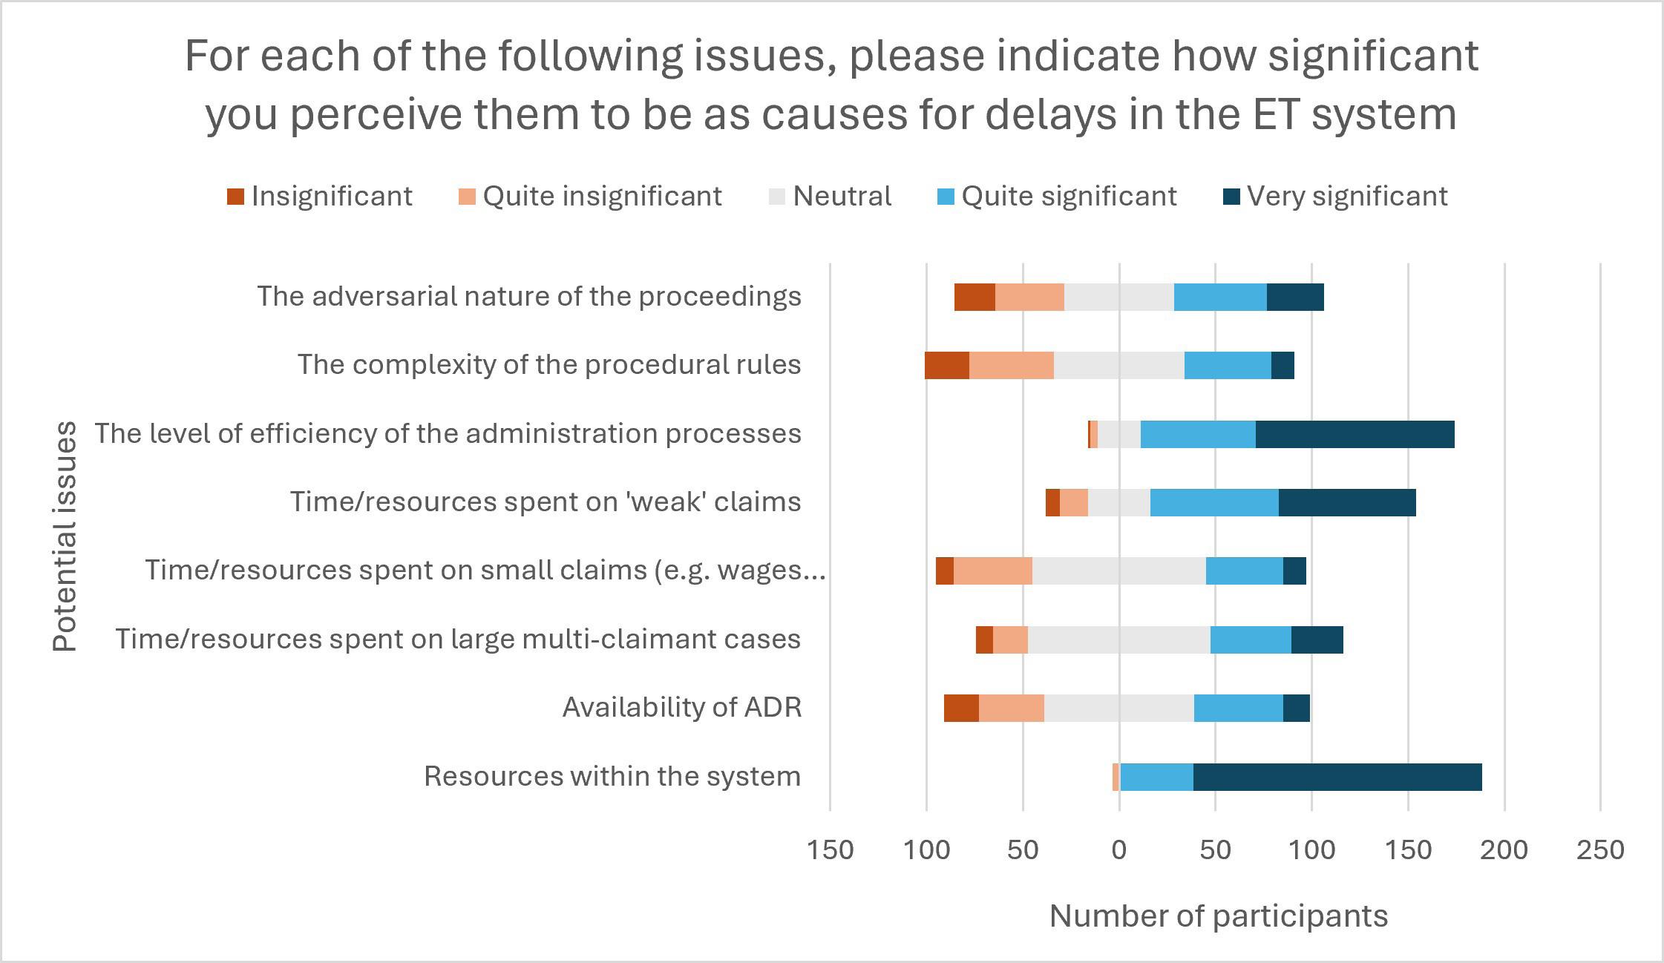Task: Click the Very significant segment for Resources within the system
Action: (1337, 777)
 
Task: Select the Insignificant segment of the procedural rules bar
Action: (947, 365)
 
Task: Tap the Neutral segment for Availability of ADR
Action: (1119, 708)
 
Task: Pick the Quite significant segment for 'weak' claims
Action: (1214, 502)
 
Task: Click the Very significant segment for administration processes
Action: (1355, 434)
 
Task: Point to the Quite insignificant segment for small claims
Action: (993, 571)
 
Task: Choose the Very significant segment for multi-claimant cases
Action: (1317, 640)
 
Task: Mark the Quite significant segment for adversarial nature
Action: (1220, 297)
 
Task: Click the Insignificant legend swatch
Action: (235, 197)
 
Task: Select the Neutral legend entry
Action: (830, 197)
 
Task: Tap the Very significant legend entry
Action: (1334, 197)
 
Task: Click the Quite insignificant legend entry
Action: (590, 197)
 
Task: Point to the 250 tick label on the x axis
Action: (1601, 849)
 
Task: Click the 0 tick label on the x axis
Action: (1119, 849)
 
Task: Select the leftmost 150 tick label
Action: (830, 849)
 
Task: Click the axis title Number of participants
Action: (1219, 916)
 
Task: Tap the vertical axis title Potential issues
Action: (65, 536)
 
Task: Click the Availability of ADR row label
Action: (682, 708)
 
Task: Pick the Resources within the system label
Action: (612, 777)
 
